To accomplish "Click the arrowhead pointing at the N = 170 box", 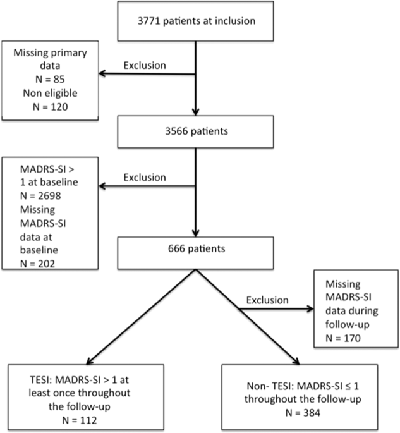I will tap(310, 309).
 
